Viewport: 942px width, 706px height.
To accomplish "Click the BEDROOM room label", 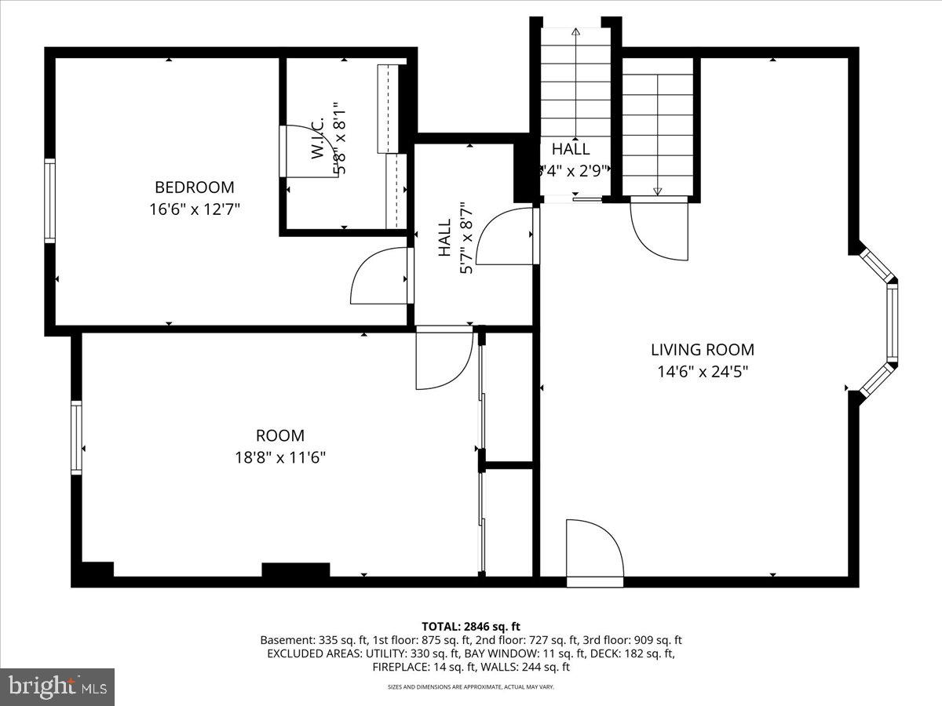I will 194,187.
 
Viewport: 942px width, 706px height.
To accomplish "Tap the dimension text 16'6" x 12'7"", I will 194,209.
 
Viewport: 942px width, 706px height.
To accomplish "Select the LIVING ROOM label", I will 702,350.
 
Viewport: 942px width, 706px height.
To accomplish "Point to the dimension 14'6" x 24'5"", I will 702,372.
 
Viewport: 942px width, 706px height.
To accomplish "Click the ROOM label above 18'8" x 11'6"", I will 279,435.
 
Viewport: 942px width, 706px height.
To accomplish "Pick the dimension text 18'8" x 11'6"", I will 279,457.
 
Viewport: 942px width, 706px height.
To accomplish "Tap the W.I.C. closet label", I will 318,141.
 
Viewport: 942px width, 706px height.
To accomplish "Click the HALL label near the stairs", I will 571,149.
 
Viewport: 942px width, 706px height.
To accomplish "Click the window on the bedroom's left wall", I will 50,200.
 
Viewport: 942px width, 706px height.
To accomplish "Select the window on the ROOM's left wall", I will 77,437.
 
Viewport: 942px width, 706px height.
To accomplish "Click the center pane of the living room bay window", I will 892,322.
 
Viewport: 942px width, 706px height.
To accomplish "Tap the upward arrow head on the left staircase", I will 576,33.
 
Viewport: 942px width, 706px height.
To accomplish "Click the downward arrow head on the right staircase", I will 658,191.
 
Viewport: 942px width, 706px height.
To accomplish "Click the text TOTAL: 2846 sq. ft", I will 471,626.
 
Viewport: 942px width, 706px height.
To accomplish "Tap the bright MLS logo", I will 57,687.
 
